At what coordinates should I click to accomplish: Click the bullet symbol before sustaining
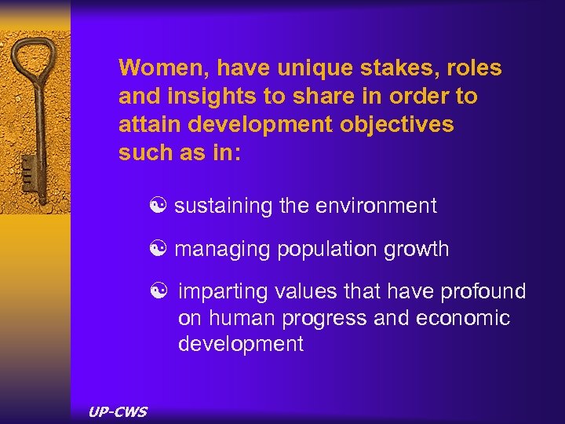[163, 207]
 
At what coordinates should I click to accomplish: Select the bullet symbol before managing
[163, 250]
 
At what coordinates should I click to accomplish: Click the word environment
[376, 207]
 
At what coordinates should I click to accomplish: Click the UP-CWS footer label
[118, 411]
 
